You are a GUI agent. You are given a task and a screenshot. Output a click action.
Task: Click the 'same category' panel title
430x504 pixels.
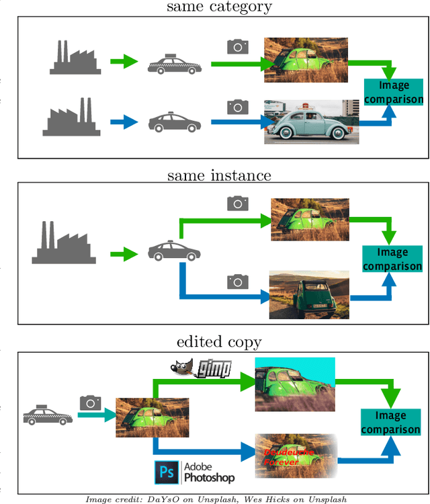219,8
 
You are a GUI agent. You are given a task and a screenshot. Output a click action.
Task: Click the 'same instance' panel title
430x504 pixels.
219,175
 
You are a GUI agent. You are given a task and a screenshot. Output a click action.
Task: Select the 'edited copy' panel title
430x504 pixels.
219,341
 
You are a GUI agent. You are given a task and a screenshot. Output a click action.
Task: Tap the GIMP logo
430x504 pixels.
200,368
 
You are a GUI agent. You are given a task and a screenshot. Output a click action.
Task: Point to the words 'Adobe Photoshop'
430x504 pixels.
209,473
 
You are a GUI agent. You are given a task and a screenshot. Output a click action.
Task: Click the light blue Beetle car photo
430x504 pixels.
311,122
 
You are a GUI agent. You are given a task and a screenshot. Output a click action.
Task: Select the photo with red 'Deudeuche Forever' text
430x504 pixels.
296,455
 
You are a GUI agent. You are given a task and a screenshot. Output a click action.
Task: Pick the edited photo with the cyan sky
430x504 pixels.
294,384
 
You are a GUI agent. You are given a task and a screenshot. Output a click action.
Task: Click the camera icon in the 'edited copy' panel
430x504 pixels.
90,403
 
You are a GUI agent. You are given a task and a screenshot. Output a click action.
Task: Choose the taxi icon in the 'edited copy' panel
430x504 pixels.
48,416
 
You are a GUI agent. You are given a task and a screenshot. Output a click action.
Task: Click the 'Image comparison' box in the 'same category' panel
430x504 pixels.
394,92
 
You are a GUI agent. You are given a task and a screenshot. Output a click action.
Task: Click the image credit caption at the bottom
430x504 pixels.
216,499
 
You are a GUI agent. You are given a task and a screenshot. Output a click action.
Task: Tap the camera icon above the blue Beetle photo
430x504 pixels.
237,106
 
